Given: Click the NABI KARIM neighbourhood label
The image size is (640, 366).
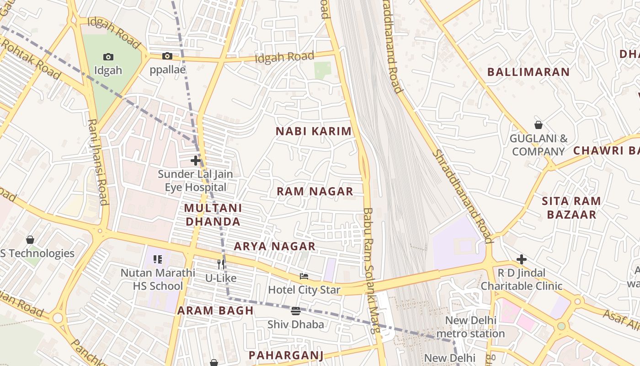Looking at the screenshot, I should coord(314,131).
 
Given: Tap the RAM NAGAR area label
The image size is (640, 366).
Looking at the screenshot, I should coord(315,191).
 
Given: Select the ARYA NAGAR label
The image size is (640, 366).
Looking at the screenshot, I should coord(275,246).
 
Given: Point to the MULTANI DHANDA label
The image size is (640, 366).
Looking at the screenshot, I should coord(213,215).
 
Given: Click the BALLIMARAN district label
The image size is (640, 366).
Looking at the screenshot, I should coord(528,72).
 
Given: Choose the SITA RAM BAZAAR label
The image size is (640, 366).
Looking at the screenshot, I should coord(571,208).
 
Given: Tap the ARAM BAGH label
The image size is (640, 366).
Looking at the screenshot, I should coord(215,310).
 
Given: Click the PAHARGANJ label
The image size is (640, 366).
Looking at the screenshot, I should coord(286,355).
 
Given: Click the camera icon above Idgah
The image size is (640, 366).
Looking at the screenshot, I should coord(108,57).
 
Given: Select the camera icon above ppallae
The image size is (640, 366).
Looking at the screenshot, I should coord(167,56).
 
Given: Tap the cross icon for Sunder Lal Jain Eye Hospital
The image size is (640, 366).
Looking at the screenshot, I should coord(195,161).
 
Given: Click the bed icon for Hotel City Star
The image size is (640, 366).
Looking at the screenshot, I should coord(304,276).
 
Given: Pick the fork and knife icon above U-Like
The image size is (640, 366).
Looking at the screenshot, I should coord(221,264).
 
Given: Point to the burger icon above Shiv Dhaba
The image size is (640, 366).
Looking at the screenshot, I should coord(296,311).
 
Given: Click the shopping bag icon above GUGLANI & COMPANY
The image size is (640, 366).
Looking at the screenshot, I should coord(539,124).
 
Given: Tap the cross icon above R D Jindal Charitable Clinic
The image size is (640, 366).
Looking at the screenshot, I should coord(522,260).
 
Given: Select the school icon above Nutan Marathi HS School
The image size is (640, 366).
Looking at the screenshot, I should coord(158,259).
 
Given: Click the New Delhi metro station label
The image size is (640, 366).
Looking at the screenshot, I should coord(470,327).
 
